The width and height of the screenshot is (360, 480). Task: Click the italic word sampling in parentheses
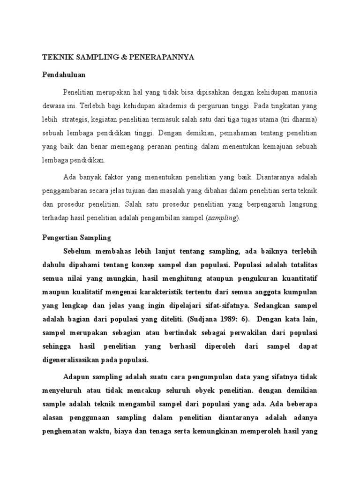click(224, 218)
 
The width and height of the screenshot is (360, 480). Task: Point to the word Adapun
click(76, 376)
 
